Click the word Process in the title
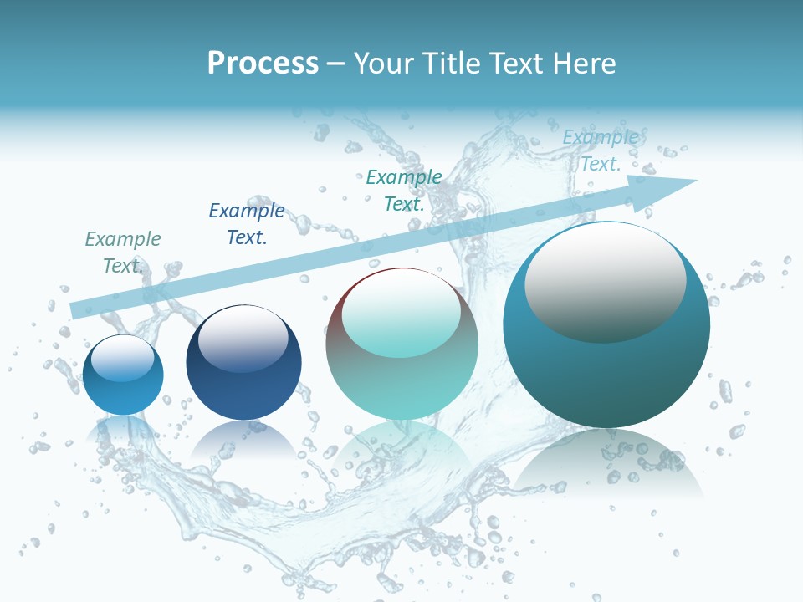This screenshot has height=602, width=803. [x=263, y=63]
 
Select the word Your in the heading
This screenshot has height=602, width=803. [x=385, y=63]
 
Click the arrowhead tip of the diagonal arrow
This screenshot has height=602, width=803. [x=695, y=181]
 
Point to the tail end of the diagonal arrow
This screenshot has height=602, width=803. [x=74, y=310]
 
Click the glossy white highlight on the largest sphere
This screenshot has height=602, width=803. [x=605, y=282]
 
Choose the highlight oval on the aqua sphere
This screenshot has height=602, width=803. [x=401, y=314]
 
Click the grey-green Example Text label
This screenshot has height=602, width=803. [x=122, y=252]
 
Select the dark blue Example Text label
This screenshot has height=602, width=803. [x=247, y=223]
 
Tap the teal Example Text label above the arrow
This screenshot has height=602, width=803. [x=404, y=190]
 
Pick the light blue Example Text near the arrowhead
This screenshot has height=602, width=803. [x=601, y=150]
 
